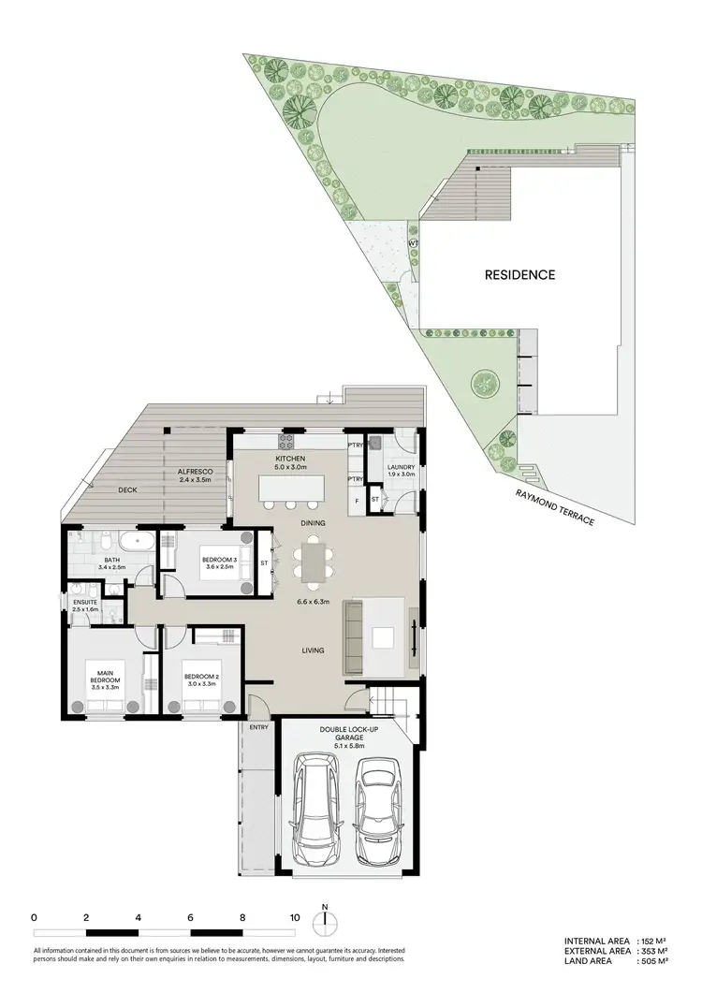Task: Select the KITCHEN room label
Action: click(x=290, y=457)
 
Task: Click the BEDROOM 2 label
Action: click(x=201, y=677)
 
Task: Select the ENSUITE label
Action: click(x=85, y=603)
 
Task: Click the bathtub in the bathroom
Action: click(x=138, y=543)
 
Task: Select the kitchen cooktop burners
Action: click(x=285, y=440)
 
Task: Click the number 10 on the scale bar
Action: click(x=296, y=918)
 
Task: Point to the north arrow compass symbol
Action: click(x=325, y=922)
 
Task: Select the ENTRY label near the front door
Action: click(x=258, y=727)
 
